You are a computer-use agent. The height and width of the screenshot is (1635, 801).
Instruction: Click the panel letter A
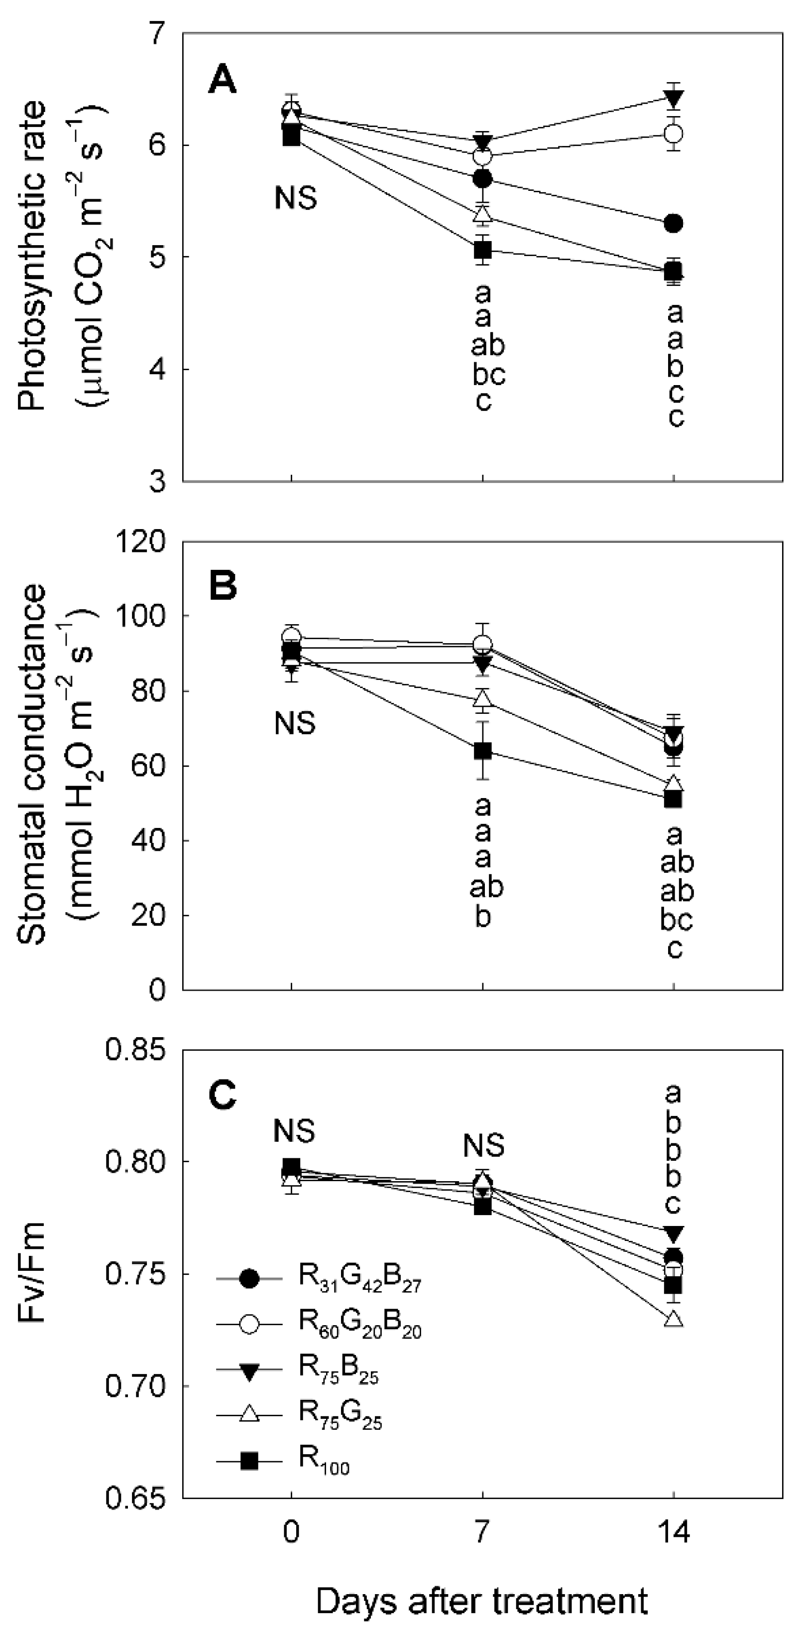(x=223, y=81)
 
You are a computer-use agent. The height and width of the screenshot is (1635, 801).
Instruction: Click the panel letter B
(x=223, y=586)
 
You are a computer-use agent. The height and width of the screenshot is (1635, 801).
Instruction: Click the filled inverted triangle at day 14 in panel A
(x=674, y=98)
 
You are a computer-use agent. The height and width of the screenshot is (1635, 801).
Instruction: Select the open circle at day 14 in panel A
(x=674, y=134)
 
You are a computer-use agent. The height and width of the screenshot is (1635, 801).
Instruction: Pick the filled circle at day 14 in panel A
(x=674, y=223)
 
